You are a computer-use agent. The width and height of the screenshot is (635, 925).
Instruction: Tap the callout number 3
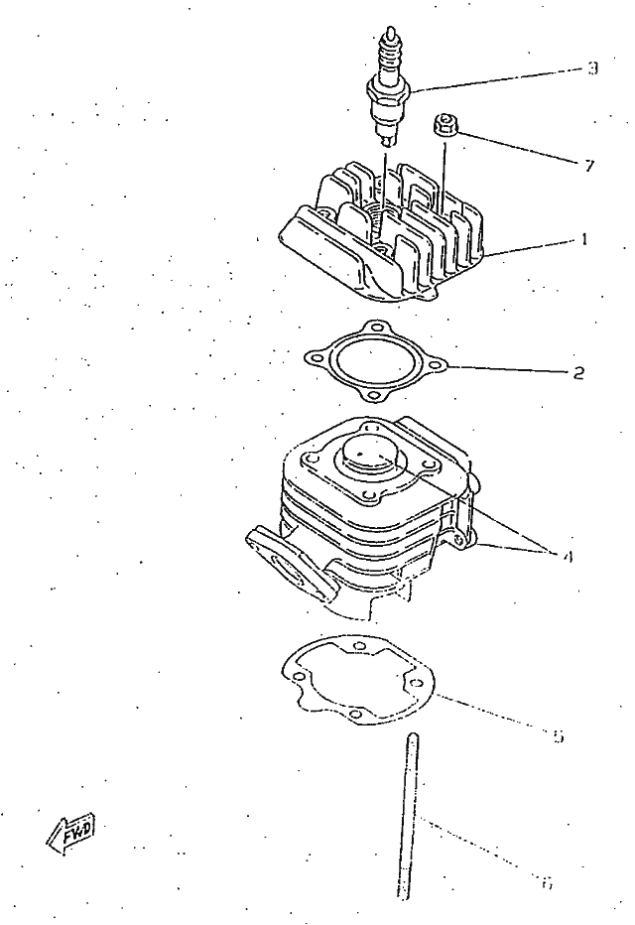point(591,68)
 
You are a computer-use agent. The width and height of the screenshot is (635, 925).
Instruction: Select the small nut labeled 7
point(444,126)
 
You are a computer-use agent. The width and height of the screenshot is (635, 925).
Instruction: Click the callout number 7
point(589,166)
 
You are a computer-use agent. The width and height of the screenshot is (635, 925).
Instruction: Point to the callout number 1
point(585,239)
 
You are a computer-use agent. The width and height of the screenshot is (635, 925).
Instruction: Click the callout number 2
point(578,374)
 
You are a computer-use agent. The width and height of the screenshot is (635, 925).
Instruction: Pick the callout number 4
point(567,556)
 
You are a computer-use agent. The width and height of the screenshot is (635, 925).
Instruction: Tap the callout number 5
point(558,735)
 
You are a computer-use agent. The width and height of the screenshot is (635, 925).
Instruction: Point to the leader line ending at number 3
point(496,78)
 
